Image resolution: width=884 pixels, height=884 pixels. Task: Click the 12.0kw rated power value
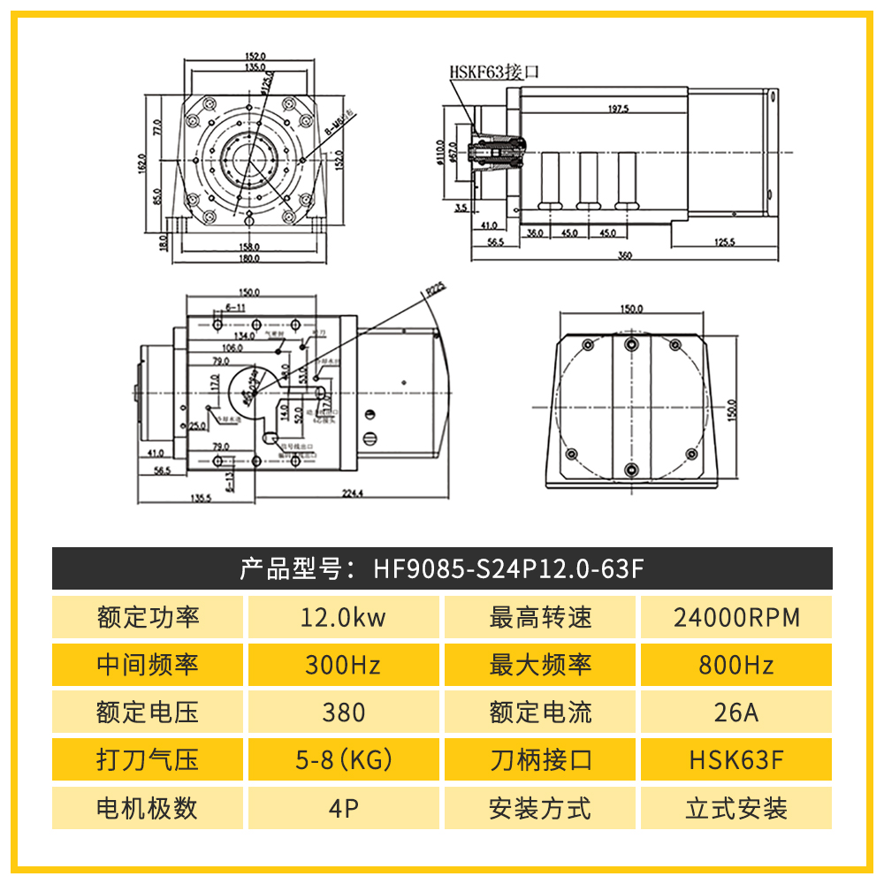click(x=343, y=617)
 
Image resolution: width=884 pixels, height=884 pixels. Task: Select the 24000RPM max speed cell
click(x=736, y=617)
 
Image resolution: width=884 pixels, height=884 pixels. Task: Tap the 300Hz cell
click(x=343, y=665)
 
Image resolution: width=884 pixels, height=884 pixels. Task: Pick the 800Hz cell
click(x=736, y=665)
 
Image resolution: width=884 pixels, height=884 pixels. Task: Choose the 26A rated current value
click(x=736, y=713)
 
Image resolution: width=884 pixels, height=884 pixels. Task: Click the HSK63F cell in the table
click(x=736, y=760)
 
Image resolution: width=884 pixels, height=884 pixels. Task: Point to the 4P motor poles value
click(x=343, y=808)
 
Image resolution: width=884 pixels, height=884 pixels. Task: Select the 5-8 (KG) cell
click(x=343, y=760)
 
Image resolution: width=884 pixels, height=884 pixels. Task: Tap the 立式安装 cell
click(x=736, y=808)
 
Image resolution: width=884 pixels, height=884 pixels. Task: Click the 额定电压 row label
click(x=148, y=713)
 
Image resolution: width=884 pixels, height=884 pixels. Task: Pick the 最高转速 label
click(x=540, y=617)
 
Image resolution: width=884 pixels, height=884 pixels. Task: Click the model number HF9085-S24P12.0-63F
click(x=507, y=568)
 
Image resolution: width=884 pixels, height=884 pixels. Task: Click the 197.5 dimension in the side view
click(x=618, y=110)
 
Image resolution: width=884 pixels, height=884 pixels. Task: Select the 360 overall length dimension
click(x=625, y=255)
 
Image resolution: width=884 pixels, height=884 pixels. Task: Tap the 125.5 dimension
click(x=725, y=241)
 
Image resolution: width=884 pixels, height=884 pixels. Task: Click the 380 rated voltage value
click(x=343, y=713)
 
